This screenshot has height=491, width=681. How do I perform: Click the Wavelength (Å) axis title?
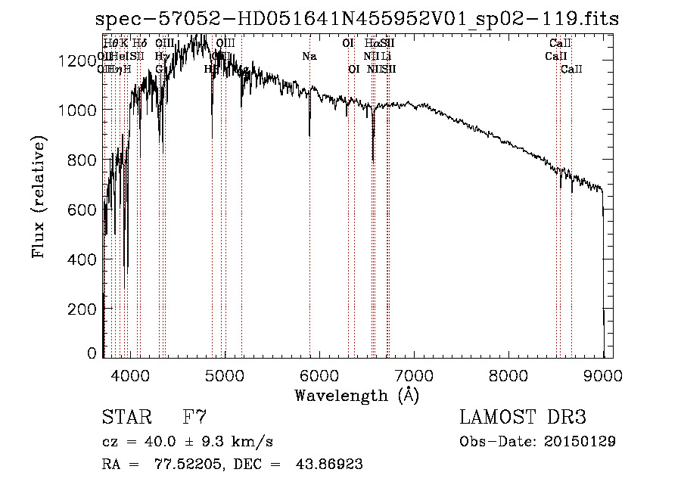[x=356, y=395]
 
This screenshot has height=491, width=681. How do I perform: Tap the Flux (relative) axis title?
[x=39, y=197]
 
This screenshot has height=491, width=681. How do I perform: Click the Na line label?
[x=309, y=57]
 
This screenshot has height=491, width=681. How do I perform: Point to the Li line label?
[x=386, y=57]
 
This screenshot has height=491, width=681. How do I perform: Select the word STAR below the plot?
[x=126, y=418]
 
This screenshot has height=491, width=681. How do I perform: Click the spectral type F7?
[x=194, y=418]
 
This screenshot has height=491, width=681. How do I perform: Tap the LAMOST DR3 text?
[x=522, y=418]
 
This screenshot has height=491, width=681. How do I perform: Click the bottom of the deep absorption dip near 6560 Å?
[x=373, y=160]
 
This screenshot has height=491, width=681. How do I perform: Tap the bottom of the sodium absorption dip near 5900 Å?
[x=309, y=136]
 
